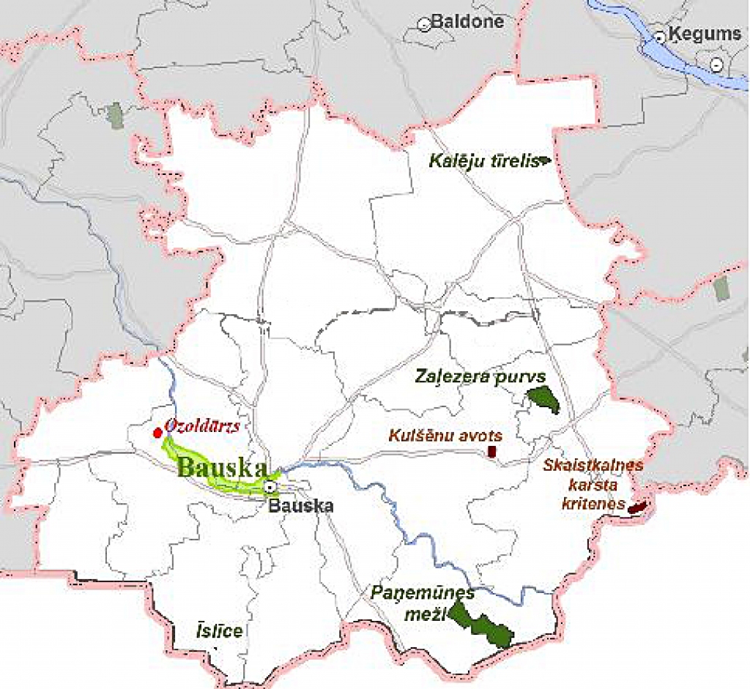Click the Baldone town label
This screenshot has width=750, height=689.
[467, 21]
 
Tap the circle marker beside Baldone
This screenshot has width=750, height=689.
[423, 24]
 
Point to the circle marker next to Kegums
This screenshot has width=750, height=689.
[660, 35]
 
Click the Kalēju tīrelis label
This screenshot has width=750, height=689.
[483, 160]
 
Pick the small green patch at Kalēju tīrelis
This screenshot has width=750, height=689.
[544, 159]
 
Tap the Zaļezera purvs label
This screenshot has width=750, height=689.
[480, 376]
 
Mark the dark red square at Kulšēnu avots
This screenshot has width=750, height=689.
[493, 452]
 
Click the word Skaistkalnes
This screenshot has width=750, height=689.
[593, 465]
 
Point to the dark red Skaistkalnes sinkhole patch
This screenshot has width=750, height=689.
[637, 506]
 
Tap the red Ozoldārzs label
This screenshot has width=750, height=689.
[203, 425]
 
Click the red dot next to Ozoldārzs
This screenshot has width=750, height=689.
[157, 433]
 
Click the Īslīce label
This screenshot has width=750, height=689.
[219, 630]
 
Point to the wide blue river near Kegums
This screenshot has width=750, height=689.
[659, 55]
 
